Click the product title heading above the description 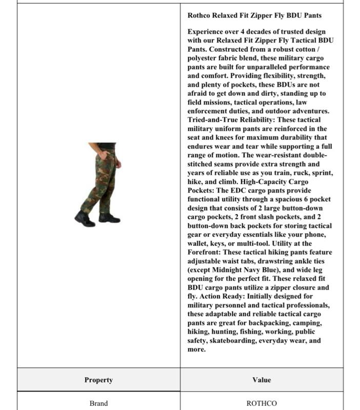254,16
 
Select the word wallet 198,243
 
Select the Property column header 98,380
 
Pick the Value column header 262,380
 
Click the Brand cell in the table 98,403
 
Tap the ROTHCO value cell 262,403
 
